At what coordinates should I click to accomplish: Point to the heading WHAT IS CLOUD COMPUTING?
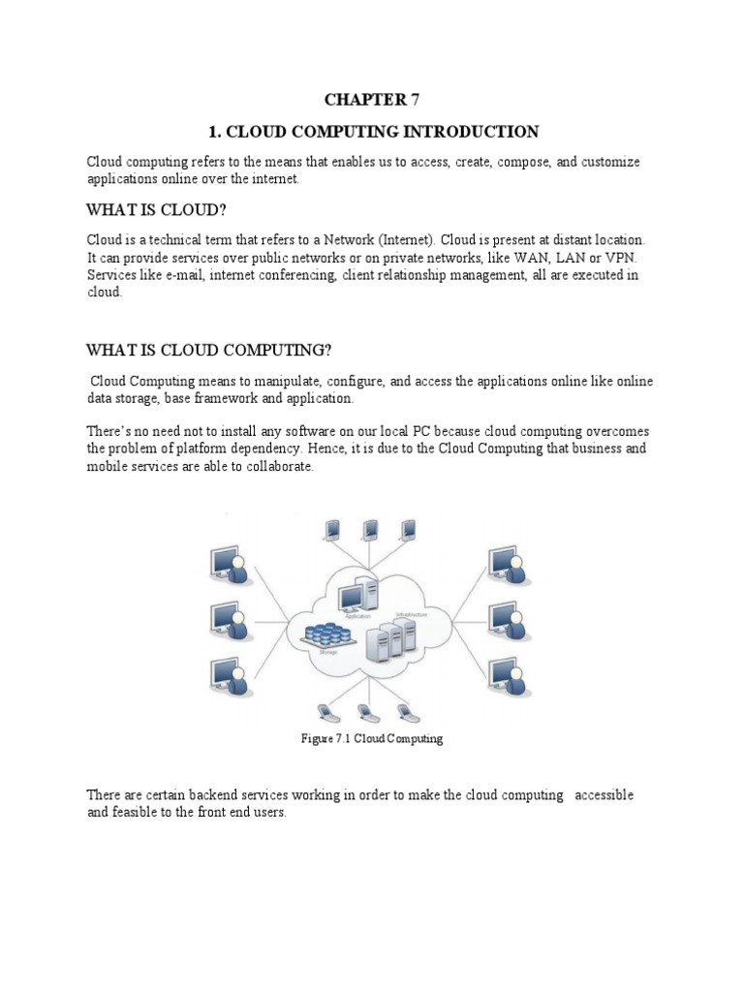tap(215, 349)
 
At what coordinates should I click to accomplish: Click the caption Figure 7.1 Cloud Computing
tap(372, 738)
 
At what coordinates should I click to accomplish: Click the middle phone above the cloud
tap(369, 530)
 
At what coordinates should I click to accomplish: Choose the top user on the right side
tap(508, 564)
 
